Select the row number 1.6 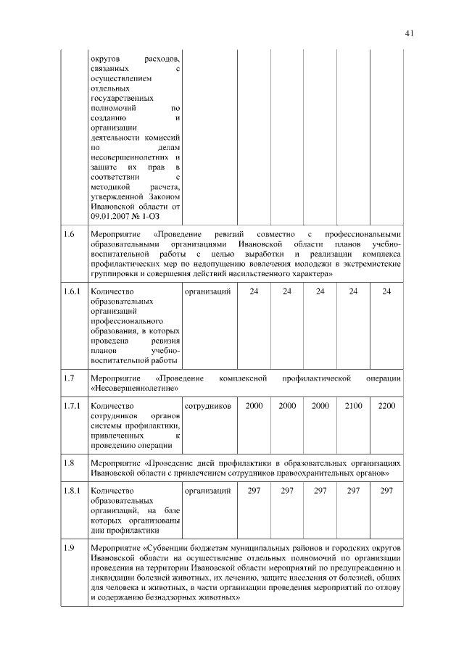click(69, 234)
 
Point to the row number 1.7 click(69, 378)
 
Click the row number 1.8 click(69, 462)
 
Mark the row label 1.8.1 click(71, 491)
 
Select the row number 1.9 click(69, 547)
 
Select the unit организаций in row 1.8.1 click(208, 491)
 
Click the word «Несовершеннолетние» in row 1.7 click(134, 389)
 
